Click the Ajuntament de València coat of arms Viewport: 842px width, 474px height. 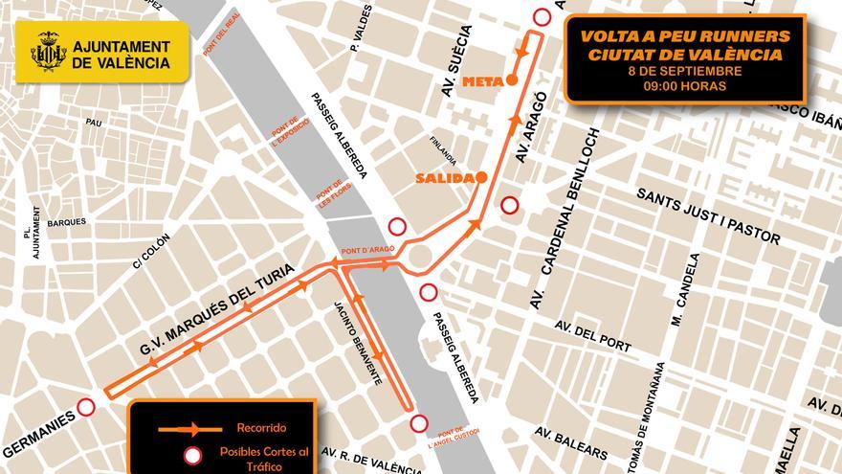(48, 53)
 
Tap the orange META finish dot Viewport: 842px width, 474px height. (513, 80)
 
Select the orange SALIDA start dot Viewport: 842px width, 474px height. (482, 177)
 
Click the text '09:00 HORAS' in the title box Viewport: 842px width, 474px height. (684, 86)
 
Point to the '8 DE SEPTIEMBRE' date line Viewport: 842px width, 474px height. (684, 71)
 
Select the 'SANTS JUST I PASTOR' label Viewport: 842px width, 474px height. (708, 215)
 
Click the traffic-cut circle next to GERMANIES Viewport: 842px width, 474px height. (86, 407)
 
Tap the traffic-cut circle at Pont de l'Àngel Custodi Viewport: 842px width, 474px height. (418, 423)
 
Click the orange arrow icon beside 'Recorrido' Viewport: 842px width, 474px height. (192, 429)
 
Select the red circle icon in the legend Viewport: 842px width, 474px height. (192, 456)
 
